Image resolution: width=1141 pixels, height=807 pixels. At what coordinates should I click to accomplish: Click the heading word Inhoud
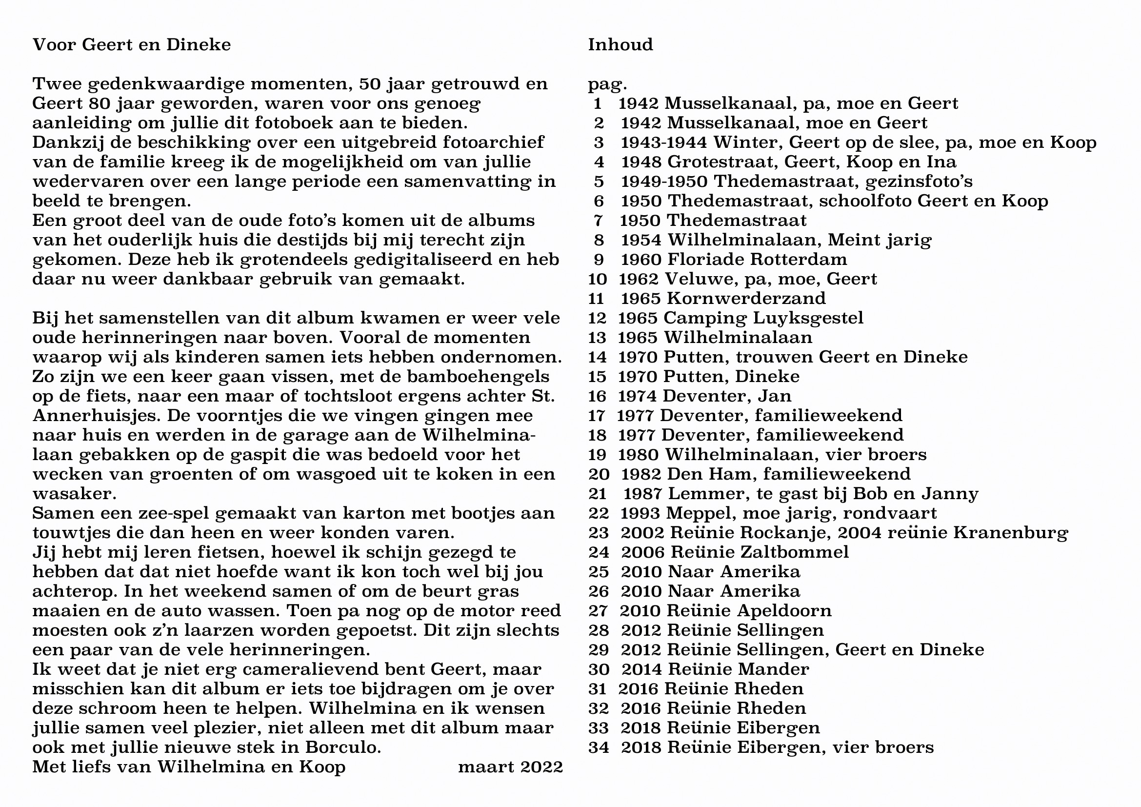pyautogui.click(x=620, y=45)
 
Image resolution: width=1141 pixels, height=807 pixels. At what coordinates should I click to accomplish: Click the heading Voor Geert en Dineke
pyautogui.click(x=132, y=45)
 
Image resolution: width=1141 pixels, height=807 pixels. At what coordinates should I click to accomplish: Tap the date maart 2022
pyautogui.click(x=510, y=767)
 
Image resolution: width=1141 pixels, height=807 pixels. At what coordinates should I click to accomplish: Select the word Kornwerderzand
pyautogui.click(x=746, y=298)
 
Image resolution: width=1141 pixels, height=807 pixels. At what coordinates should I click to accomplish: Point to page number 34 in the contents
pyautogui.click(x=599, y=747)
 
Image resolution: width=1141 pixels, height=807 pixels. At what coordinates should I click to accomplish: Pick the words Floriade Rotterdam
pyautogui.click(x=759, y=259)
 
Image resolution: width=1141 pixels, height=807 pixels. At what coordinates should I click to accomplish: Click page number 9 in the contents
pyautogui.click(x=599, y=259)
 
